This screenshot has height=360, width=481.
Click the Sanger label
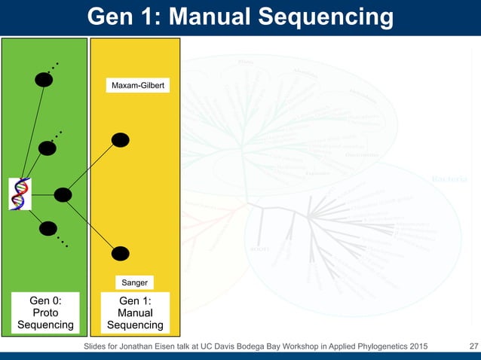pos(136,282)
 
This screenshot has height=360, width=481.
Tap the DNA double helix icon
pos(20,194)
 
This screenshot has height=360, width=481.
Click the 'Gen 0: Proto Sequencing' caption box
pos(45,313)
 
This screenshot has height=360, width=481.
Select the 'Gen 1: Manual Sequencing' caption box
pos(136,313)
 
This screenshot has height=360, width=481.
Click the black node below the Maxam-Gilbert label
pos(120,140)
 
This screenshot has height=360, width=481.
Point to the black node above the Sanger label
pos(120,253)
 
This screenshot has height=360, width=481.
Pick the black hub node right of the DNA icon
pos(63,194)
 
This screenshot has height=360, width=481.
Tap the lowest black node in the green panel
pos(47,228)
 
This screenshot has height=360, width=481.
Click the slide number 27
pos(473,346)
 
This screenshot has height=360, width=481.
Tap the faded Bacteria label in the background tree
pos(449,179)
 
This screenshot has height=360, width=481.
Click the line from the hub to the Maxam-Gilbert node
pos(91,167)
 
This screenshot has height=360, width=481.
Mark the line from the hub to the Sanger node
pos(91,224)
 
